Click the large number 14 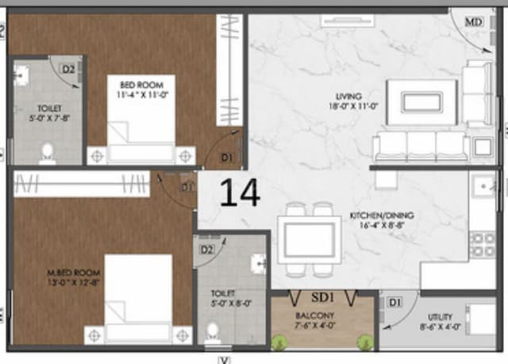[239, 193]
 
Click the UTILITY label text [437, 316]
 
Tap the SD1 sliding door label [321, 298]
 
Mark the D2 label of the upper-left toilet [69, 70]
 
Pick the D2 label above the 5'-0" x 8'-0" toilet [207, 250]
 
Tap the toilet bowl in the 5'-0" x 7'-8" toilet [47, 149]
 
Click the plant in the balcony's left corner [279, 343]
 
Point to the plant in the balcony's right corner [366, 343]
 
